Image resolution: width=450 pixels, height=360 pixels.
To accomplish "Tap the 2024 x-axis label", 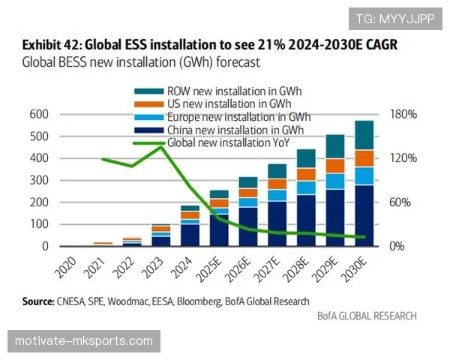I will click(x=182, y=267).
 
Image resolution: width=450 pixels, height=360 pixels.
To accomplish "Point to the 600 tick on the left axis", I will click(x=39, y=114).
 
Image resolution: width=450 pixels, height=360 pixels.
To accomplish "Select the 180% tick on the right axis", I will click(x=403, y=114).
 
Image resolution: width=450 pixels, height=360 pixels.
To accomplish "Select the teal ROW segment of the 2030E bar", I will click(x=364, y=135).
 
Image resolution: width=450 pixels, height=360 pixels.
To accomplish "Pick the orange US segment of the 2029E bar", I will click(x=336, y=166).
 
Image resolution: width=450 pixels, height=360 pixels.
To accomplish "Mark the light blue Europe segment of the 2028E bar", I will click(x=307, y=187).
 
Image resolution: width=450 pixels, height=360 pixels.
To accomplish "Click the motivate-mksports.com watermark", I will click(x=84, y=342).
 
